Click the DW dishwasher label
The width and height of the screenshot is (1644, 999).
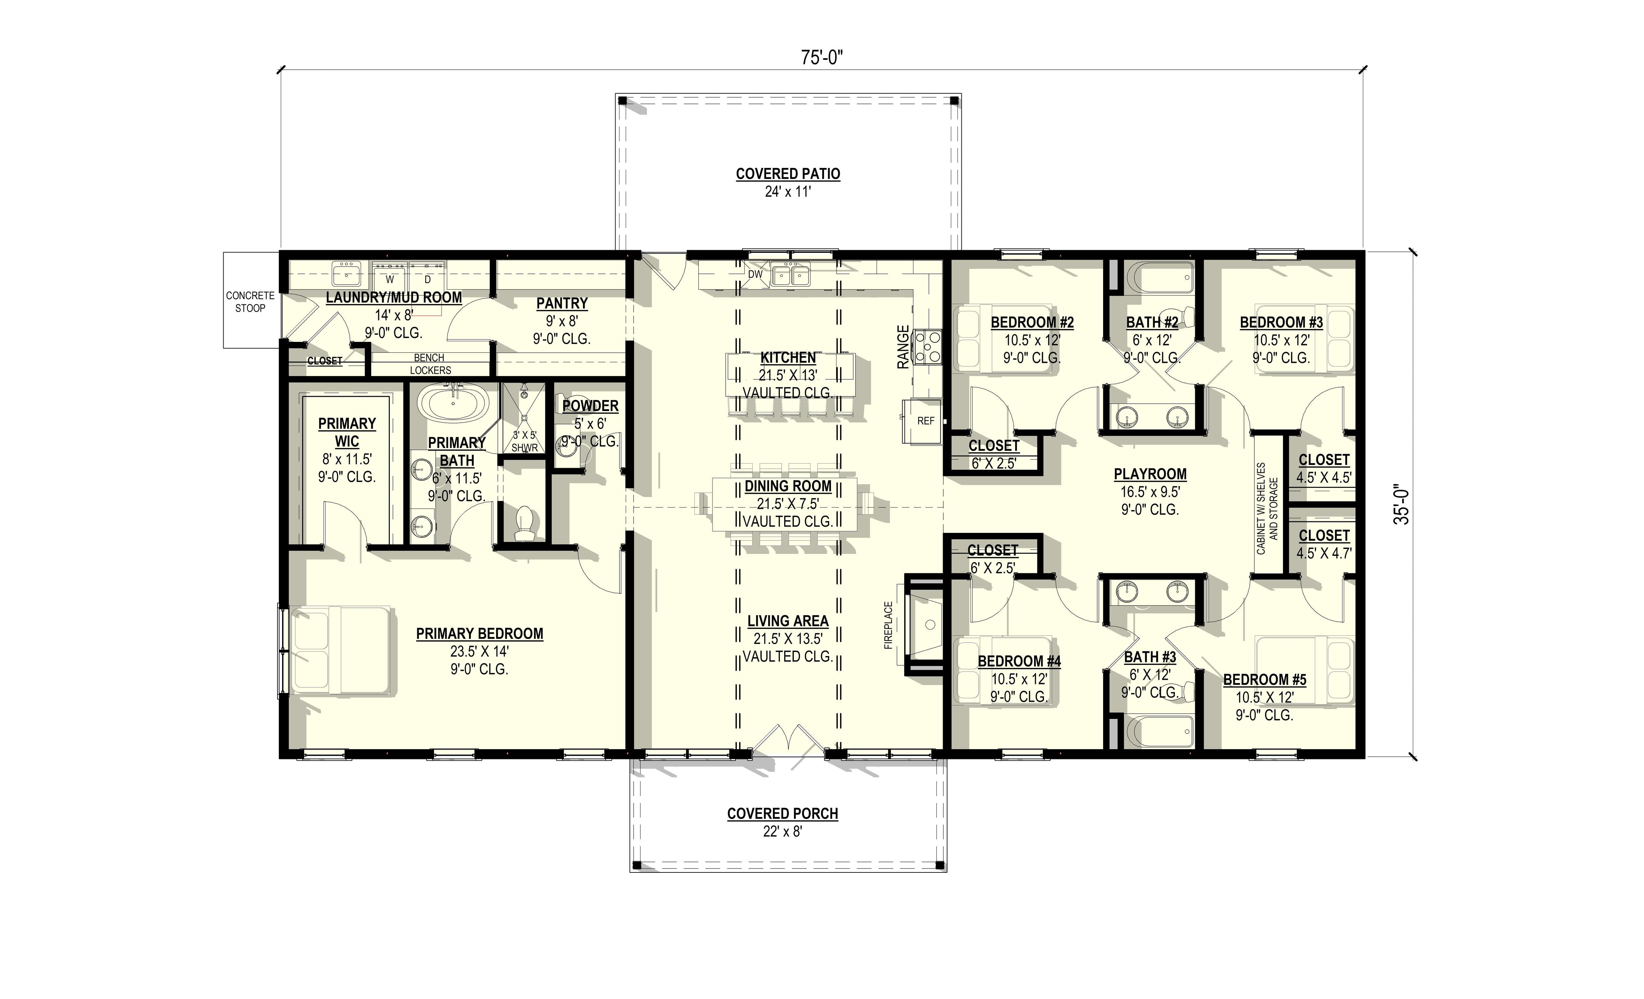(755, 274)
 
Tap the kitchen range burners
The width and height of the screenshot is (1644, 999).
(928, 347)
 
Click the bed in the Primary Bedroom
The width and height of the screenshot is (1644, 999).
(340, 650)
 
